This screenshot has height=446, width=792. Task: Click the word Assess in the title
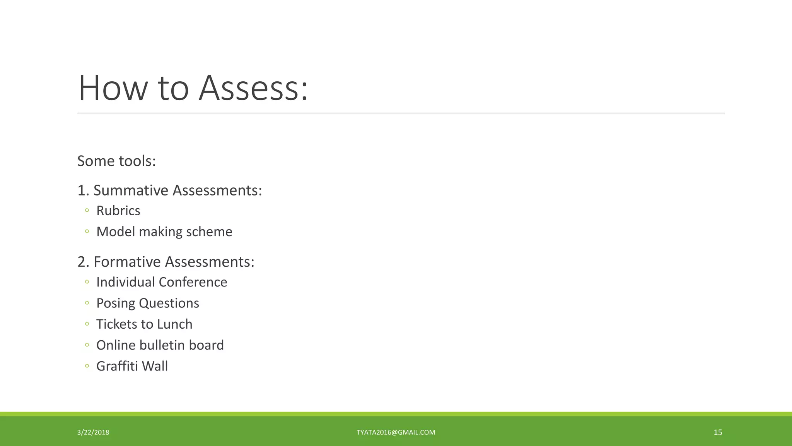click(x=253, y=88)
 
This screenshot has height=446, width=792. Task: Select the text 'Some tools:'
click(x=116, y=161)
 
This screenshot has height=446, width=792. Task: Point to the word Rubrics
click(x=118, y=211)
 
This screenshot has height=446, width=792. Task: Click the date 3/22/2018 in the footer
click(x=93, y=432)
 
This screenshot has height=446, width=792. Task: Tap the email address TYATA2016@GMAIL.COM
click(x=396, y=432)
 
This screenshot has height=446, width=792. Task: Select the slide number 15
click(x=718, y=432)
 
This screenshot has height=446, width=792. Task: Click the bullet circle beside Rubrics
click(x=87, y=211)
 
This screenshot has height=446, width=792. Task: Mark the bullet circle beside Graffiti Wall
click(x=87, y=366)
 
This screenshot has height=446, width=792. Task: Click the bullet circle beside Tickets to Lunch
click(x=87, y=324)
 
